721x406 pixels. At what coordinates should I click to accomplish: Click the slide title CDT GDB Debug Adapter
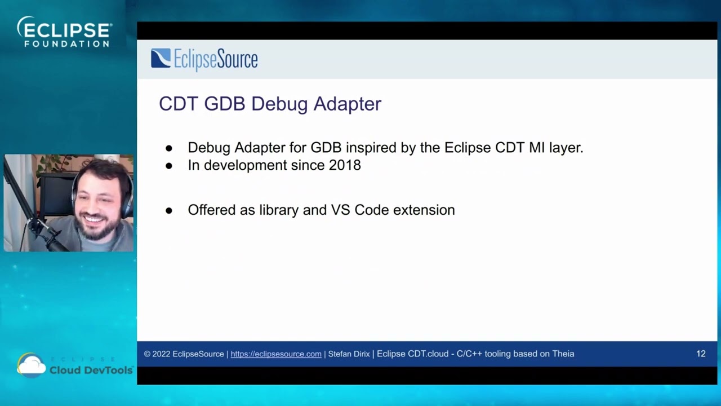click(270, 104)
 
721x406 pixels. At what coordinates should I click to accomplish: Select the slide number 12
click(701, 354)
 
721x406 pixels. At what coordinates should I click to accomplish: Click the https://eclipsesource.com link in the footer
click(275, 354)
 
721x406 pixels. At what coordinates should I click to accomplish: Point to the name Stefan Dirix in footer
click(349, 354)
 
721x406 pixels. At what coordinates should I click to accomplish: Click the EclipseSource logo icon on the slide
click(161, 59)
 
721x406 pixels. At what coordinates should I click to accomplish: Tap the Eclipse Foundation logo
click(64, 32)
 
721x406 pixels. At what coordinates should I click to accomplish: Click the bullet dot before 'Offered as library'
click(169, 210)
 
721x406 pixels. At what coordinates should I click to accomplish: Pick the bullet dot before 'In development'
click(169, 166)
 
